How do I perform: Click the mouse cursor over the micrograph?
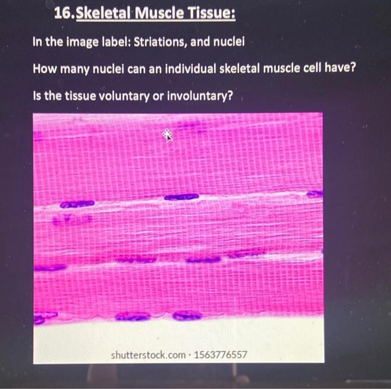click(166, 134)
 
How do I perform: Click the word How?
click(44, 69)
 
